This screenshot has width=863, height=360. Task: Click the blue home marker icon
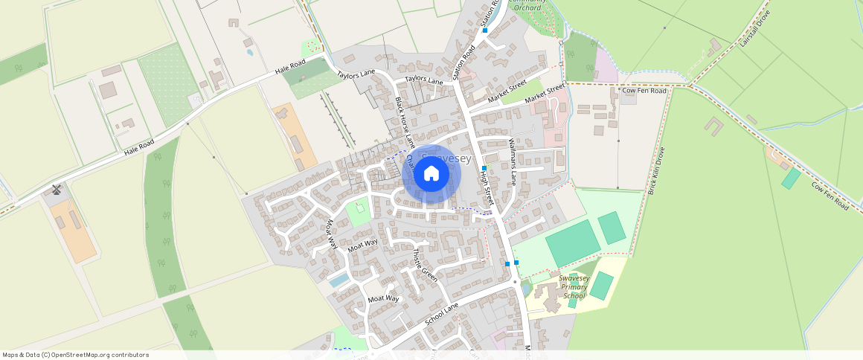click(x=431, y=174)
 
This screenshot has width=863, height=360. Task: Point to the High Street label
click(x=487, y=187)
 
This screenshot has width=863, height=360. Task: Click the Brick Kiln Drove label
click(x=655, y=170)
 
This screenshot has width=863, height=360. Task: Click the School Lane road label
click(x=442, y=315)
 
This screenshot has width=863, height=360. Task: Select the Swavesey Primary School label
click(x=574, y=286)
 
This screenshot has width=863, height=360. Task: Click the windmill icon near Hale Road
click(x=56, y=189)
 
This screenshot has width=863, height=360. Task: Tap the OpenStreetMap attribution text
click(x=76, y=355)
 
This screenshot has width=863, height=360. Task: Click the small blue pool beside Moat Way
click(x=339, y=279)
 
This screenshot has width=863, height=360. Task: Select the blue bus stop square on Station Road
click(x=484, y=30)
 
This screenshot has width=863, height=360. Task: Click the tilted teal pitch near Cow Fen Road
click(x=791, y=178)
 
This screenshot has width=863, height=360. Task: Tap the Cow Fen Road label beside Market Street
click(x=644, y=91)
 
